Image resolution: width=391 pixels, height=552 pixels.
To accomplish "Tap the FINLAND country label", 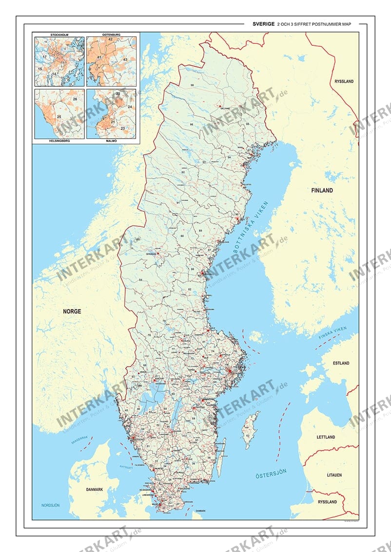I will point(322,190).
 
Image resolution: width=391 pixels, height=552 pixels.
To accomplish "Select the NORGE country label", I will point(72,311).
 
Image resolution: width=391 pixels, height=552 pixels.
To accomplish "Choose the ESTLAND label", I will point(341,363).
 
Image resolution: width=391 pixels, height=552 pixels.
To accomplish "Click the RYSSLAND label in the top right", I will point(344,81).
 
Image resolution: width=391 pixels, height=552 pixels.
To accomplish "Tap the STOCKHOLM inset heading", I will point(59,35).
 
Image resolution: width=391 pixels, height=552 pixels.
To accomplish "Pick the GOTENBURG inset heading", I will point(111,35).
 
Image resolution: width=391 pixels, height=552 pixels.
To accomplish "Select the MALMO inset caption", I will point(111,141).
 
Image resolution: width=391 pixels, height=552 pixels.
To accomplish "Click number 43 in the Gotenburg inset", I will point(125,59).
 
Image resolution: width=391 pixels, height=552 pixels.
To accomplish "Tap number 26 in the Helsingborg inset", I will point(75,99).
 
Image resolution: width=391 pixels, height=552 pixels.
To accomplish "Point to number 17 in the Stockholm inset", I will point(44,57).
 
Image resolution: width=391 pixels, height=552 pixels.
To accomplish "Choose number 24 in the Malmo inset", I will point(130,106).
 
